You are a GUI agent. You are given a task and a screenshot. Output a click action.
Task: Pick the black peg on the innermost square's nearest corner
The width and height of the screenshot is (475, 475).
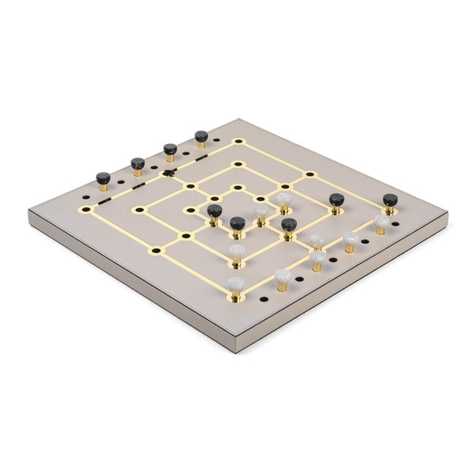pos(237,223)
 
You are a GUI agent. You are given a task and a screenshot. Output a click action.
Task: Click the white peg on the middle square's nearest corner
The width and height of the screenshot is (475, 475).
pos(237,251)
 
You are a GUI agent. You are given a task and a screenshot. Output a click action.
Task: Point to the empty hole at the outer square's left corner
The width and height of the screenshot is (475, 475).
pos(86,210)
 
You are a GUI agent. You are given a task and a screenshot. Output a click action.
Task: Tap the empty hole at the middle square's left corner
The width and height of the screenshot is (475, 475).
pos(139,210)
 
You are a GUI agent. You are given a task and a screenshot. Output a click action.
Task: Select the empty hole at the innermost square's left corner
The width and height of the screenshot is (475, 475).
pos(190,211)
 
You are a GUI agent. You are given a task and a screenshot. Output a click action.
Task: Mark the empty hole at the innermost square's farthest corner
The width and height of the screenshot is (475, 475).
pos(237,188)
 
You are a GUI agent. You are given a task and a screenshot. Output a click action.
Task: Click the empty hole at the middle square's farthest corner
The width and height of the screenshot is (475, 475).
pos(237,165)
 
